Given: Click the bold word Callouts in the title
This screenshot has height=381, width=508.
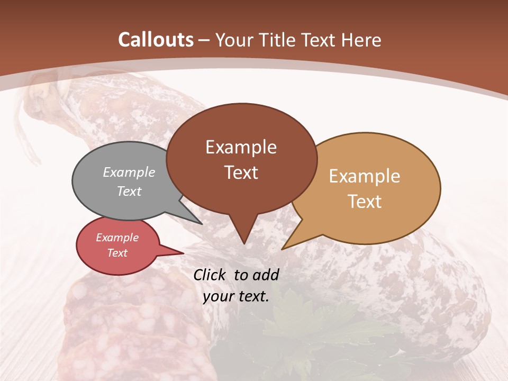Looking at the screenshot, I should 156,40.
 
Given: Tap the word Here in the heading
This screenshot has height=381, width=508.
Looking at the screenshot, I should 362,40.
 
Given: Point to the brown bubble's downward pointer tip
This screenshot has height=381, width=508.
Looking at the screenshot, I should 244,243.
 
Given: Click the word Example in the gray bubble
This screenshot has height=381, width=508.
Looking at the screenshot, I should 129,173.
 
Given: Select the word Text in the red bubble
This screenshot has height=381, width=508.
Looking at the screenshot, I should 117,253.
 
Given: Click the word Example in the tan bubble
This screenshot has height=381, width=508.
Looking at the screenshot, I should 365,176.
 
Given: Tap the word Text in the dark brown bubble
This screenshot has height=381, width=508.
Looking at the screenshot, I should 241,173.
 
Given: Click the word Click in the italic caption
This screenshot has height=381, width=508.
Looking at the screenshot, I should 212,275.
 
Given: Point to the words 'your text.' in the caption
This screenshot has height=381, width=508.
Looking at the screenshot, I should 236,297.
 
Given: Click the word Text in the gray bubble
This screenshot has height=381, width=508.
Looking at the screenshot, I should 129,192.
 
